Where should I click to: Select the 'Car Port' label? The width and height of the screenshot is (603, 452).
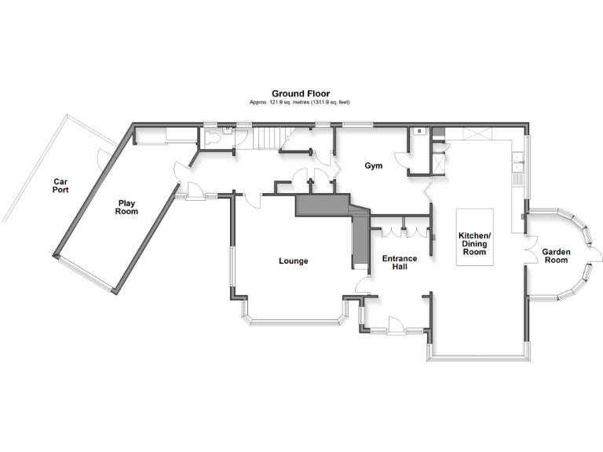(x=60, y=185)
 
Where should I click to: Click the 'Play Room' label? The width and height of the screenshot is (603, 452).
(x=126, y=206)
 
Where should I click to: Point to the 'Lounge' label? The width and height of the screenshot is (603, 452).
(x=293, y=261)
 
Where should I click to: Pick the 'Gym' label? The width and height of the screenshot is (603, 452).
(x=372, y=166)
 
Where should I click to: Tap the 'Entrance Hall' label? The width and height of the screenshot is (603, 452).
(x=400, y=262)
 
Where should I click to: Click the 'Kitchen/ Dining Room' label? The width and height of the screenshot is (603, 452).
(x=474, y=244)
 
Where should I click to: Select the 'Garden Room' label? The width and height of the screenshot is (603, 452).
(x=556, y=255)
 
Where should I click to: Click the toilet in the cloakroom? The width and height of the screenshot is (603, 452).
(x=213, y=137)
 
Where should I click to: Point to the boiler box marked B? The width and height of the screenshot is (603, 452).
(x=419, y=131)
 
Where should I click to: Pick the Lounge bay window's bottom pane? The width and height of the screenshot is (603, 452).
(x=295, y=321)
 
